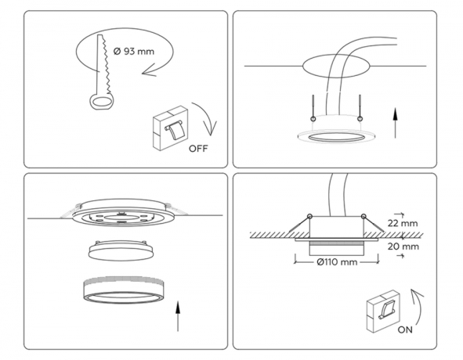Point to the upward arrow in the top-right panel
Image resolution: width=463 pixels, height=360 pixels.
pos(396,123)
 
